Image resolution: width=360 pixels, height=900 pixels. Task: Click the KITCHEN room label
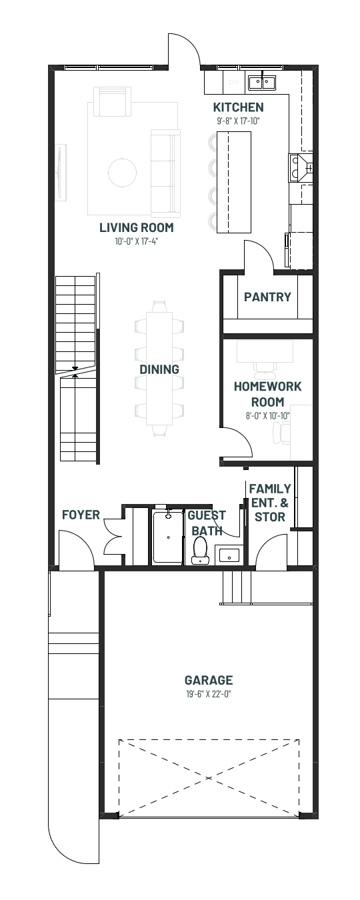(238, 107)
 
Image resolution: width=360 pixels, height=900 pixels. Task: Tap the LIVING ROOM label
(137, 227)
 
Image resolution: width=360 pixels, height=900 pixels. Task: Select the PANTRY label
(267, 297)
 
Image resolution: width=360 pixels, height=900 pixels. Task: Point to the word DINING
(159, 369)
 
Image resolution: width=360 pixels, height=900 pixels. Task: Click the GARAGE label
(209, 680)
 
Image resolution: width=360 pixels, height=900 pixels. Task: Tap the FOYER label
(81, 515)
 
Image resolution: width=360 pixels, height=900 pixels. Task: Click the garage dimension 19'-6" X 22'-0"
(209, 694)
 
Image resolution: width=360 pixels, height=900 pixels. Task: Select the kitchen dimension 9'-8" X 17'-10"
(238, 121)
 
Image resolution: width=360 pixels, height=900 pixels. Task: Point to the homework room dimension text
(267, 416)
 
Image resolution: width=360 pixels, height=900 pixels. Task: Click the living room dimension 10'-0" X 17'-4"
(137, 241)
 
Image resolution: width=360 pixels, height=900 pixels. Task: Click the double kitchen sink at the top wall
(261, 83)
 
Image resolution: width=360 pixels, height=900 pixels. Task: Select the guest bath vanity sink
(229, 556)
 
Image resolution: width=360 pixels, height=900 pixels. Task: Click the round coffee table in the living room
(123, 173)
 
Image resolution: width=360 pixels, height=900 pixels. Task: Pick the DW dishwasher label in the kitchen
(233, 83)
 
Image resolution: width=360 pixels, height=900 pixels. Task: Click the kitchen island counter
(234, 182)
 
